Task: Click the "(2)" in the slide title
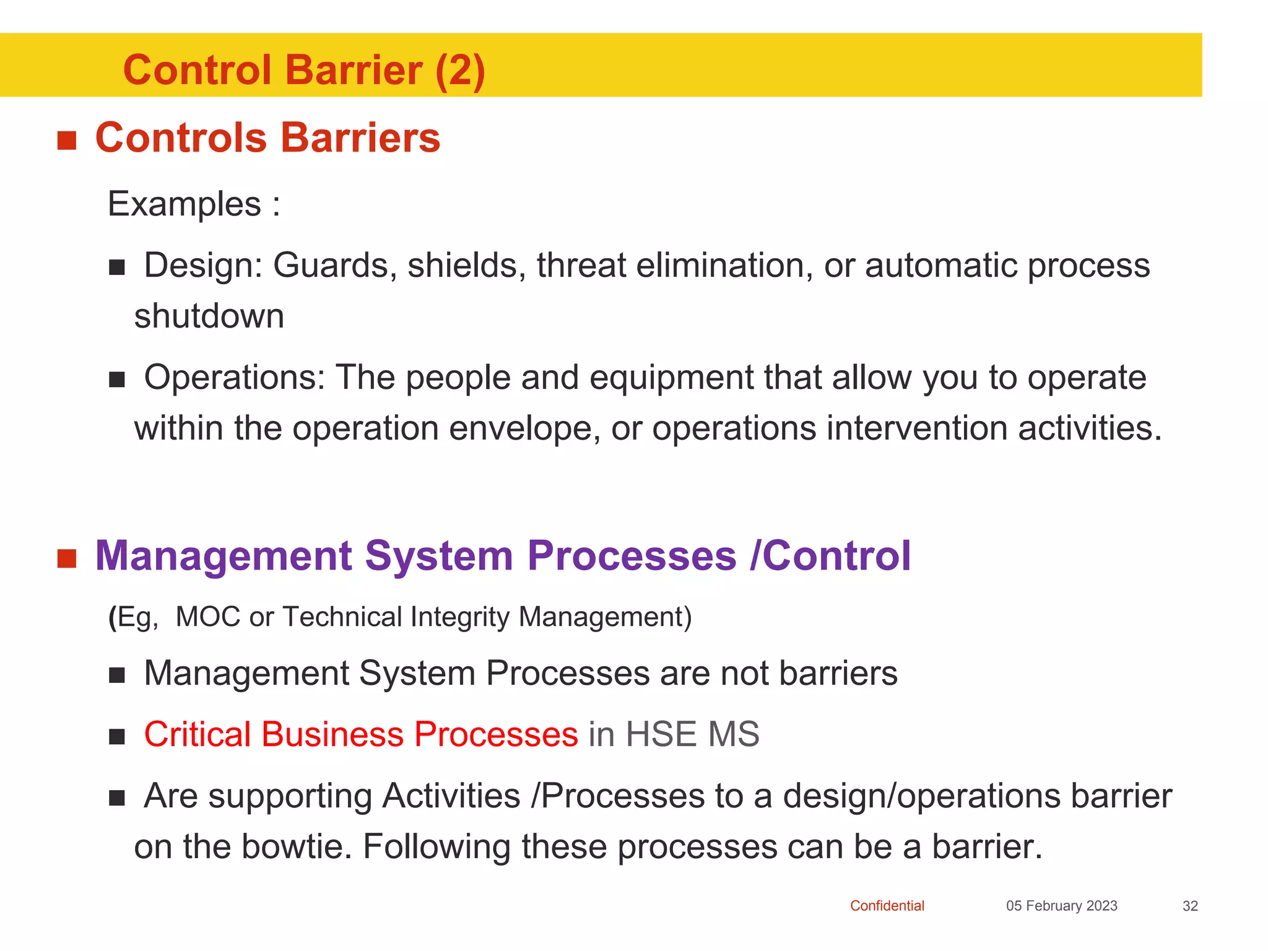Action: point(459,71)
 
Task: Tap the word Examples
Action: point(185,204)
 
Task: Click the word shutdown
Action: point(209,316)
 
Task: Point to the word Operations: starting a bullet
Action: point(235,378)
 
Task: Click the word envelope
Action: point(524,428)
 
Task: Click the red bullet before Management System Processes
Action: point(66,558)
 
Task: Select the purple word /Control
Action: point(830,555)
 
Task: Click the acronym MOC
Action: point(208,617)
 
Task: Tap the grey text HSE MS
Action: point(692,734)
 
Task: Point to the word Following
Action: point(436,847)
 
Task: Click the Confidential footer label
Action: point(887,906)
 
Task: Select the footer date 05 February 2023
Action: point(1061,906)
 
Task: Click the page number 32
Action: point(1190,906)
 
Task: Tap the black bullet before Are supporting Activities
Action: point(117,798)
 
